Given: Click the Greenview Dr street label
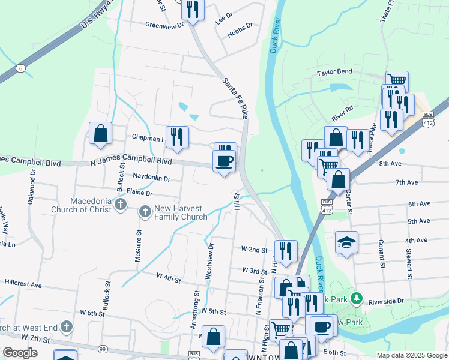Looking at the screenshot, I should pyautogui.click(x=164, y=25).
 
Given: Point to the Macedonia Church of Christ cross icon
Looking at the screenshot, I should pyautogui.click(x=121, y=205).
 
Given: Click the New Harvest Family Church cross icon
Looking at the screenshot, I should pyautogui.click(x=145, y=211).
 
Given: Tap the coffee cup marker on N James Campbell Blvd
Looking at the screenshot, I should pyautogui.click(x=224, y=161).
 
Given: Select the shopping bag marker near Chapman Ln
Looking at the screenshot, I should pyautogui.click(x=101, y=133).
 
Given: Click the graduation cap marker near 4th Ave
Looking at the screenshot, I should pyautogui.click(x=346, y=242).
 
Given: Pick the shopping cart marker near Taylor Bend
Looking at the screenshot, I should pyautogui.click(x=396, y=80).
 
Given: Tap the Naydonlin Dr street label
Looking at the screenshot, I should pyautogui.click(x=151, y=178).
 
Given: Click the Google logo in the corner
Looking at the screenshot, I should pyautogui.click(x=20, y=352).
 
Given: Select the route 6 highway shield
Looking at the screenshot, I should pyautogui.click(x=21, y=69).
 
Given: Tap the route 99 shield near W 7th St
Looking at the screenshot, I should pyautogui.click(x=103, y=349).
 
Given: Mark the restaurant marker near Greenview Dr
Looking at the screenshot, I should pyautogui.click(x=193, y=9).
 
